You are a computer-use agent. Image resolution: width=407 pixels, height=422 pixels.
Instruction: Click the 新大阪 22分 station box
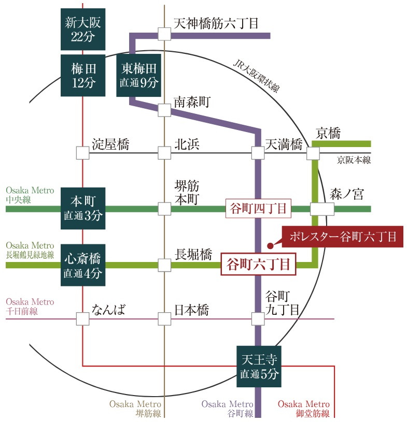[83, 29]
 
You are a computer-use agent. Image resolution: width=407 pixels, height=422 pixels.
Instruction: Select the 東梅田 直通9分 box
[138, 75]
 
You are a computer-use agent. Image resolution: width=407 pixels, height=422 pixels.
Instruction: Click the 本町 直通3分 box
[83, 208]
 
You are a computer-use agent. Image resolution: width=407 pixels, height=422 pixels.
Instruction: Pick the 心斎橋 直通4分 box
[83, 265]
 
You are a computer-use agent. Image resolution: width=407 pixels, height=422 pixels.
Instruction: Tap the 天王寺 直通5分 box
[259, 367]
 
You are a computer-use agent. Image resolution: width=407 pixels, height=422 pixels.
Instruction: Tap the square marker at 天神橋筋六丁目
[164, 34]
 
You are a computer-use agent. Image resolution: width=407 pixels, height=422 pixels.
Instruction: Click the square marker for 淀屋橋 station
[83, 153]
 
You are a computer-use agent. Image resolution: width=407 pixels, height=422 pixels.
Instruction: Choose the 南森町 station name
[193, 102]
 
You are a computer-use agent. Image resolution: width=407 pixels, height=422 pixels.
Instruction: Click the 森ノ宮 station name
[347, 195]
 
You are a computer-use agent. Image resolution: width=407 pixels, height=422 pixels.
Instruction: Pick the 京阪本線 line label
[354, 159]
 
